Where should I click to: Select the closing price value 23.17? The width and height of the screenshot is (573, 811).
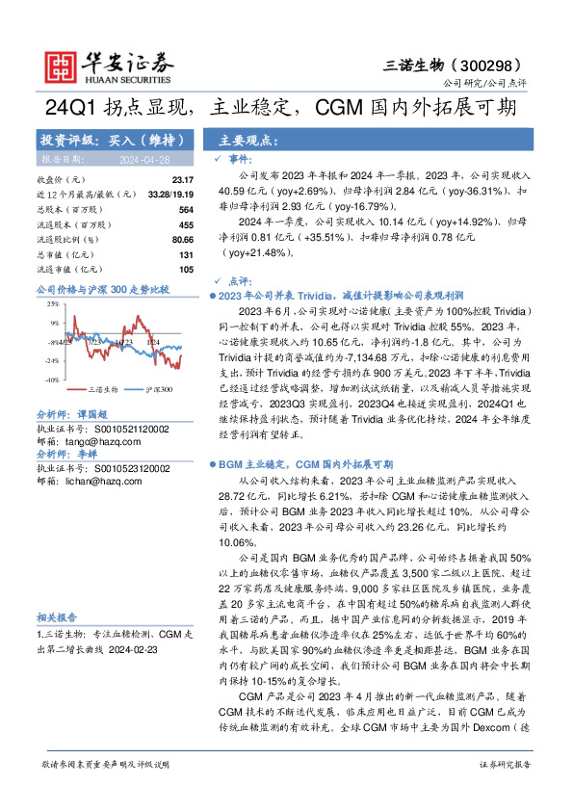point(182,180)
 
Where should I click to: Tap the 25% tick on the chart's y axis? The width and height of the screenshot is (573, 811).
point(52,304)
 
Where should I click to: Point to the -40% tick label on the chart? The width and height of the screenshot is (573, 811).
point(49,380)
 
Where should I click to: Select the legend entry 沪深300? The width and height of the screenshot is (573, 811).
point(160,390)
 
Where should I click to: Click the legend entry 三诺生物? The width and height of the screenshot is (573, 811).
point(103,390)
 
